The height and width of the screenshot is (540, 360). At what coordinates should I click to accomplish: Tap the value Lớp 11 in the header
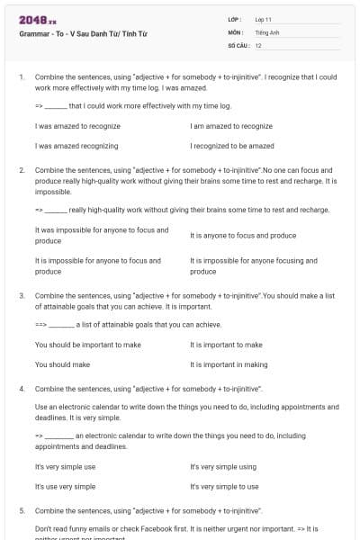point(265,19)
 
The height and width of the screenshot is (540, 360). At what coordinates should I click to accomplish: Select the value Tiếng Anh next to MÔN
point(267,31)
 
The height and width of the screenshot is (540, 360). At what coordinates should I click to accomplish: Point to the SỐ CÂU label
point(238,44)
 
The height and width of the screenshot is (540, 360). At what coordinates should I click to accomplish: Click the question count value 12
point(259,44)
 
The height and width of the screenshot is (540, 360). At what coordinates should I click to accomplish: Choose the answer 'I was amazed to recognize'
point(78,126)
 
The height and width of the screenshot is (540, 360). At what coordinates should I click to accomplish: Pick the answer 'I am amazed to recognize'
point(231,126)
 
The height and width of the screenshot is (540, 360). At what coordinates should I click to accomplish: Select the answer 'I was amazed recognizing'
point(77,145)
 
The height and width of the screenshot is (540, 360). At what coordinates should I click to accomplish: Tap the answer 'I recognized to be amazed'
point(232,145)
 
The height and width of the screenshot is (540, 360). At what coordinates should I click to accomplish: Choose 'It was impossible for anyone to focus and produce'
point(102,235)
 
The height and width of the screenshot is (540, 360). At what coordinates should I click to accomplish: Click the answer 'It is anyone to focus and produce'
point(243,235)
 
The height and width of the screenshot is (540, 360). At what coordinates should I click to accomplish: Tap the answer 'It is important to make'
point(227,345)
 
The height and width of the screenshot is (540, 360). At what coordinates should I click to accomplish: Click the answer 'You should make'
point(63,364)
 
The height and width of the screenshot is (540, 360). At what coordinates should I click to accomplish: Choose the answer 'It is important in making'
point(229,364)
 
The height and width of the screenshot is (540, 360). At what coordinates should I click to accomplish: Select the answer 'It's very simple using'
point(223,467)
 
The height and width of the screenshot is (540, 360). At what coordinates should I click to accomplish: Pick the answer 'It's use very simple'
point(66,486)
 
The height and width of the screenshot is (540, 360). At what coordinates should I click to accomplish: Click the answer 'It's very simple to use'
point(225,486)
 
